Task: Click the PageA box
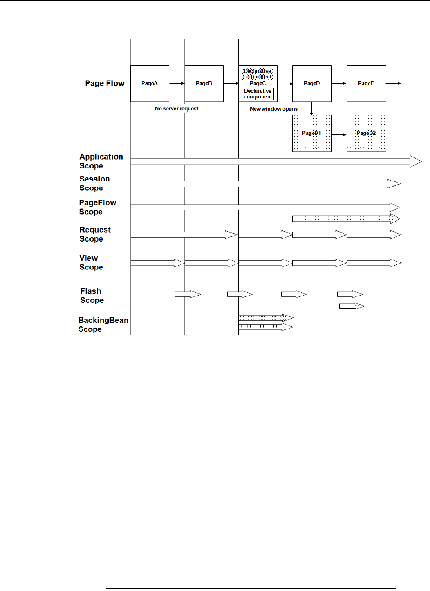tap(149, 83)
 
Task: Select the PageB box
tap(204, 83)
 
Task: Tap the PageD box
tap(312, 83)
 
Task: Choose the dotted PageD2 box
tap(366, 133)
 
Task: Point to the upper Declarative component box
tap(258, 74)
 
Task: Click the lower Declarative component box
tap(258, 94)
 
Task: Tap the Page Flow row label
tap(105, 83)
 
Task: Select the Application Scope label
tap(101, 161)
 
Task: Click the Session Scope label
tap(94, 183)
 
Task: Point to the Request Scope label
tap(95, 234)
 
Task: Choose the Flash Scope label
tap(92, 295)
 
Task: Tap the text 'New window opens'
tap(274, 109)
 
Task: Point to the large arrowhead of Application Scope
tap(416, 161)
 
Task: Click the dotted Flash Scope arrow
tap(351, 306)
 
